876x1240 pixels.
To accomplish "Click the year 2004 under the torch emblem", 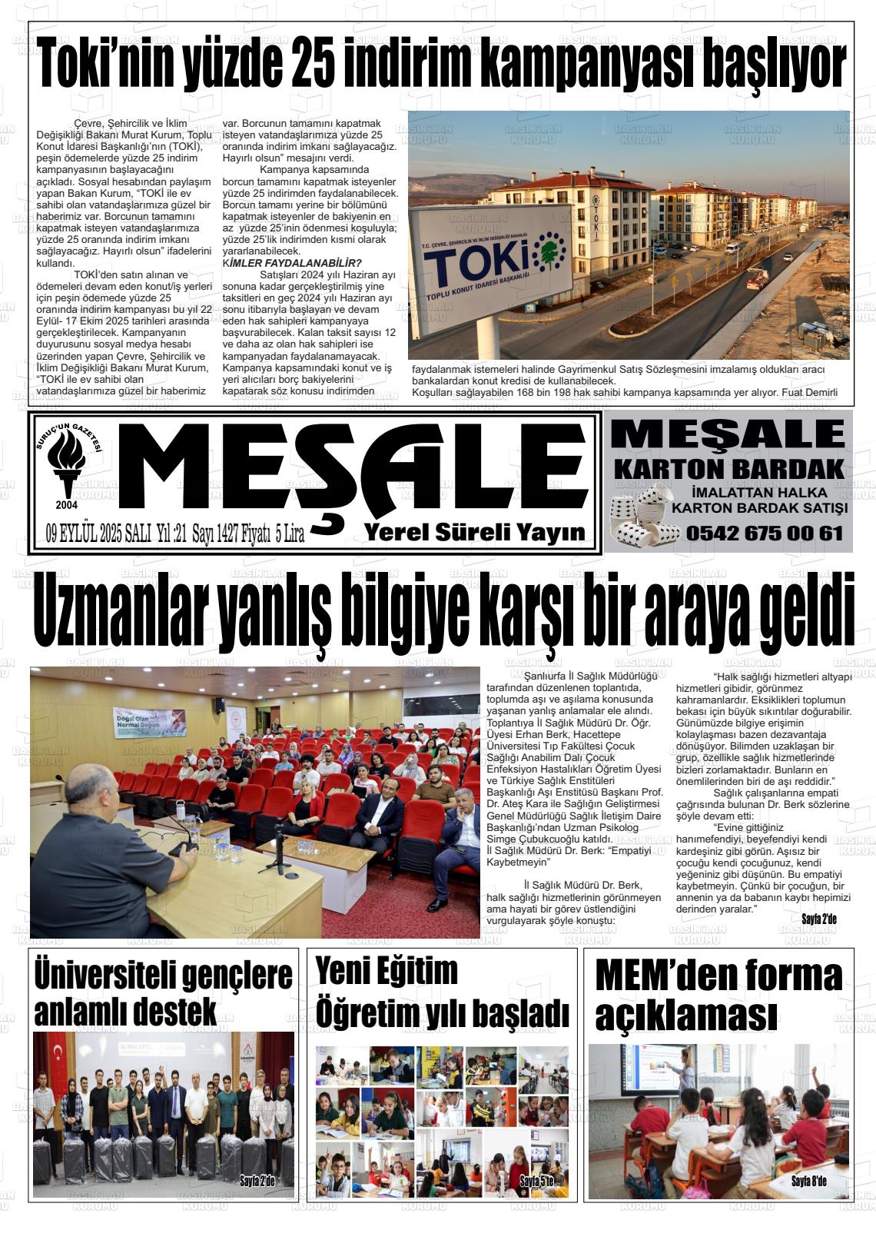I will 67,505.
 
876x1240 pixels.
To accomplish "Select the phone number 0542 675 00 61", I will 765,533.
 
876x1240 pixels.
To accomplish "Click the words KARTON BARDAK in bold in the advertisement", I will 728,468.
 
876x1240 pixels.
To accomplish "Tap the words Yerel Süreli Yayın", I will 475,532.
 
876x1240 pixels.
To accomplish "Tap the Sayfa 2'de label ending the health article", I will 818,919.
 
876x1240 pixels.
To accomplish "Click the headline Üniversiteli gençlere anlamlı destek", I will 163,992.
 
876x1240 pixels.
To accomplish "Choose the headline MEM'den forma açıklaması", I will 718,995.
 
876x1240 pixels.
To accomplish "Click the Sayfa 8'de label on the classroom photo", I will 808,1182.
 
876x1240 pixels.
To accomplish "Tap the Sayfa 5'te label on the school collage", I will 536,1181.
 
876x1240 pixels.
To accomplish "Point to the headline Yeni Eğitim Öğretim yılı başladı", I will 442,992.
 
